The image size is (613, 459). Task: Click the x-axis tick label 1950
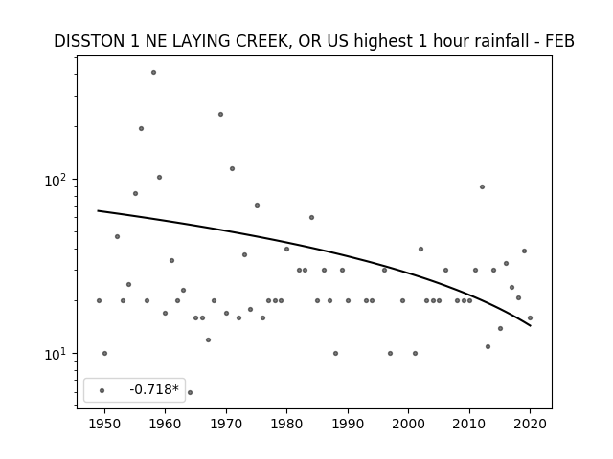pyautogui.click(x=104, y=424)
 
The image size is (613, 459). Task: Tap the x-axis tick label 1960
pyautogui.click(x=165, y=424)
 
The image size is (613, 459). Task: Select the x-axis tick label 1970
pyautogui.click(x=226, y=424)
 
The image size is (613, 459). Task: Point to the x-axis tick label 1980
pyautogui.click(x=286, y=424)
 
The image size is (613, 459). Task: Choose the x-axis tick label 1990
pyautogui.click(x=348, y=424)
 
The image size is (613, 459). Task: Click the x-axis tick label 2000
pyautogui.click(x=409, y=424)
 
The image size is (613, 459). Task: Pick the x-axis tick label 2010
pyautogui.click(x=469, y=424)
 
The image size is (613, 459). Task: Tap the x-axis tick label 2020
pyautogui.click(x=530, y=424)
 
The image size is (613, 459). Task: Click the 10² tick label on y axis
pyautogui.click(x=57, y=180)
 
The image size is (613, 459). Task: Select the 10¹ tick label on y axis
pyautogui.click(x=57, y=354)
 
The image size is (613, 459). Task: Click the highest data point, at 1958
pyautogui.click(x=153, y=73)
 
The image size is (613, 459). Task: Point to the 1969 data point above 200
pyautogui.click(x=220, y=115)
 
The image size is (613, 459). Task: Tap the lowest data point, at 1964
pyautogui.click(x=190, y=392)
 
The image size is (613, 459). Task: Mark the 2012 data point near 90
pyautogui.click(x=482, y=187)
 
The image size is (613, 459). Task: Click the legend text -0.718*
pyautogui.click(x=154, y=389)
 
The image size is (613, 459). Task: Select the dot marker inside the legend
pyautogui.click(x=102, y=391)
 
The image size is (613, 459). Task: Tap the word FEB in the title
pyautogui.click(x=559, y=41)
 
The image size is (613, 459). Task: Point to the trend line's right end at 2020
pyautogui.click(x=530, y=325)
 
